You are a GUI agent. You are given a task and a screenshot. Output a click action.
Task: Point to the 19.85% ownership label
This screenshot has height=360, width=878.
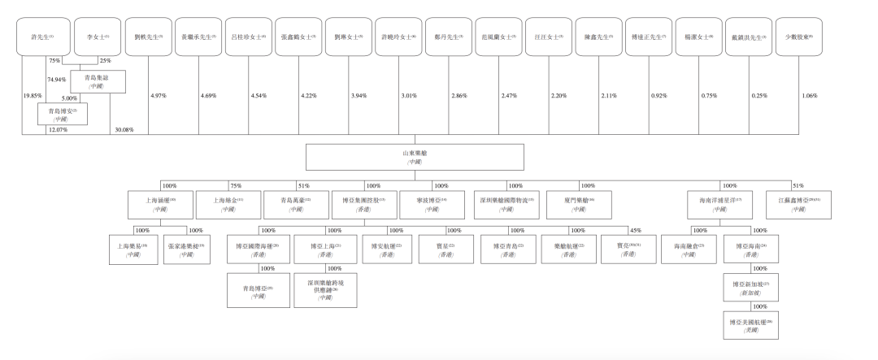[33, 96]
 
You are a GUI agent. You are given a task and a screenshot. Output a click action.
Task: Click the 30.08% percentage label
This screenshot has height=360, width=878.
[124, 130]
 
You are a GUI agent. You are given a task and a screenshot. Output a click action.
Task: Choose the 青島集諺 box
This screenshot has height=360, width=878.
[97, 81]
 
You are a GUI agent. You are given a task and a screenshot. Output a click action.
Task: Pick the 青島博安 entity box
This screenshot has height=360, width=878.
[62, 114]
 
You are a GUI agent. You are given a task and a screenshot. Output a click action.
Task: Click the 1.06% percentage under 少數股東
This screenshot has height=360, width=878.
[810, 96]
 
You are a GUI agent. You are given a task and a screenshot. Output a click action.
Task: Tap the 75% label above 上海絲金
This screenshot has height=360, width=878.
[235, 185]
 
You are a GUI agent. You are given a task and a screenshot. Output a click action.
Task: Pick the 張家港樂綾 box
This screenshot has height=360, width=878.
[186, 248]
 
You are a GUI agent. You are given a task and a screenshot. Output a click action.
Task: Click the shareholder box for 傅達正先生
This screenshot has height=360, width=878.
[648, 37]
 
